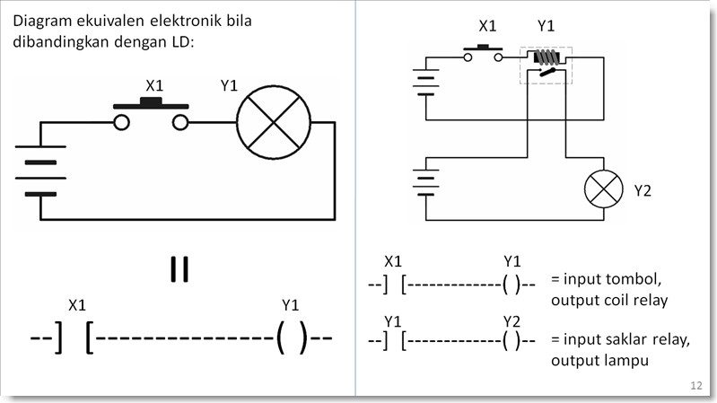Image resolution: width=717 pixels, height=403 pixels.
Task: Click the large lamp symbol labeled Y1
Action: click(273, 123)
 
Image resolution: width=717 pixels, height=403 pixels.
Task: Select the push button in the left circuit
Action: click(151, 115)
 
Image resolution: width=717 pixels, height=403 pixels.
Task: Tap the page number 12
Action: click(696, 385)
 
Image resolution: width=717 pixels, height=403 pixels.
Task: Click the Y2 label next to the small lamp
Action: click(643, 190)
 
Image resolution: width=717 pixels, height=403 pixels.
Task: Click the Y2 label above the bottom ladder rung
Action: click(512, 320)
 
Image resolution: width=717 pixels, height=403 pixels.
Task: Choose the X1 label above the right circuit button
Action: click(486, 27)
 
